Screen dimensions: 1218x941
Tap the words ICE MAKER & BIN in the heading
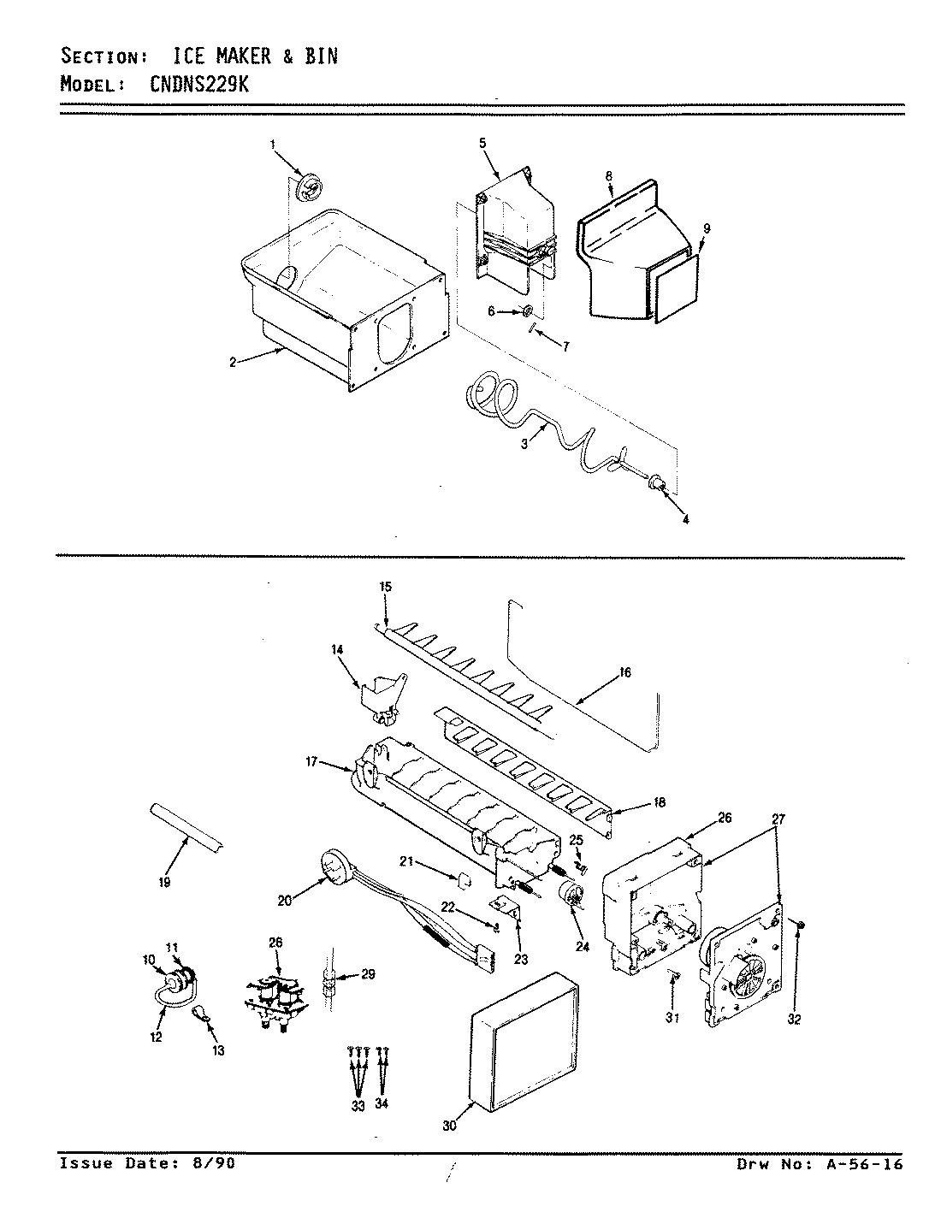point(256,56)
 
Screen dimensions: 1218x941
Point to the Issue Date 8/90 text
point(146,1163)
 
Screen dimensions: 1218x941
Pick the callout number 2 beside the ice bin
point(232,362)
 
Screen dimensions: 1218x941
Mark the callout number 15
point(385,587)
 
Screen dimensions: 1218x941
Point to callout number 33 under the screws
point(358,1106)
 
